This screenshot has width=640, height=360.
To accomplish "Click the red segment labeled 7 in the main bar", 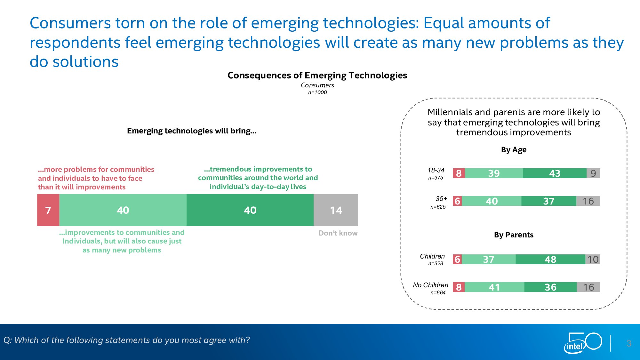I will [48, 210].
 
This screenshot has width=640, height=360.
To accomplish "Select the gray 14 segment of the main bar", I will [336, 210].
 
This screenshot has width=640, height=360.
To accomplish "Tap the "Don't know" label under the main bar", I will [338, 233].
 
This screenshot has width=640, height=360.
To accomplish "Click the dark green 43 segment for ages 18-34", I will [555, 173].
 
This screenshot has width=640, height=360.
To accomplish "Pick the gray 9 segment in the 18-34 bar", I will [593, 173].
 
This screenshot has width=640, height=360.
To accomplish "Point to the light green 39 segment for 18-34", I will [494, 173].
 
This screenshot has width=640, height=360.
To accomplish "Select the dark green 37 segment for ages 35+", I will [548, 201].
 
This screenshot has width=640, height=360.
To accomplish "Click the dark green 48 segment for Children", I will [550, 259].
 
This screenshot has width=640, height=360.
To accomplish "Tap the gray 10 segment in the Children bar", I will [593, 259].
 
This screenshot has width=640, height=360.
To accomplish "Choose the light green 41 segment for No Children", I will [494, 287].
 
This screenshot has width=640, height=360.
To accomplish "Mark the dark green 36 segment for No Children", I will [550, 287].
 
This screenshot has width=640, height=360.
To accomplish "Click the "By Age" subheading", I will [514, 150].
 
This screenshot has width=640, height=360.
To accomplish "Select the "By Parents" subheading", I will [514, 235].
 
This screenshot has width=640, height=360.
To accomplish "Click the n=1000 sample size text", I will [317, 92].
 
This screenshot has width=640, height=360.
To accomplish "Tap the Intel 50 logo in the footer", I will [582, 343].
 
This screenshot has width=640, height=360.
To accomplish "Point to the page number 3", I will [629, 343].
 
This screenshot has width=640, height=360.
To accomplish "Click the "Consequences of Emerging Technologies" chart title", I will [317, 76].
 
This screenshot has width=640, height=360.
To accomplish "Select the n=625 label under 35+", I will [438, 207].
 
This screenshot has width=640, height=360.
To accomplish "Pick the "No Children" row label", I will [430, 285].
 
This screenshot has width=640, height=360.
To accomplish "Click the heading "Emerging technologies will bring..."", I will [192, 131].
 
